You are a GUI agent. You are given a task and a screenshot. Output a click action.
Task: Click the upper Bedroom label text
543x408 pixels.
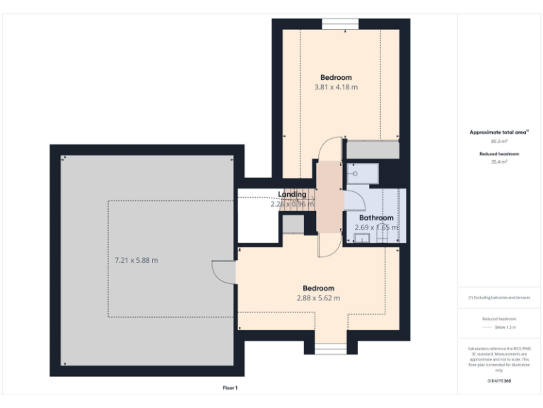[x=336, y=77]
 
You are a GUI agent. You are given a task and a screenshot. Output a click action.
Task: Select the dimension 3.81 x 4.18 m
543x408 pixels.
[x=336, y=87]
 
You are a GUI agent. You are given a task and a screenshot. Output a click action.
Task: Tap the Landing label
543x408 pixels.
[x=292, y=194]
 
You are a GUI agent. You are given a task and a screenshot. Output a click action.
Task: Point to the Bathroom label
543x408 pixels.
[x=375, y=217]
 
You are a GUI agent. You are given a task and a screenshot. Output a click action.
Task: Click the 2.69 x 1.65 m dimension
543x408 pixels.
[x=376, y=227]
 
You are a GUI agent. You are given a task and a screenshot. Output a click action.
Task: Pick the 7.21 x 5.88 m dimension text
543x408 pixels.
[x=136, y=260]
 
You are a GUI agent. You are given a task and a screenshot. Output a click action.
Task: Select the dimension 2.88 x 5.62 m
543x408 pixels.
[x=318, y=298]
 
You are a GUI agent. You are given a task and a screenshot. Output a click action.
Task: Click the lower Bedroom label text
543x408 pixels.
[x=318, y=288]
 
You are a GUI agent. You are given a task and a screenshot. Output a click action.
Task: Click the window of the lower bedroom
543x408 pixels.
[x=330, y=348]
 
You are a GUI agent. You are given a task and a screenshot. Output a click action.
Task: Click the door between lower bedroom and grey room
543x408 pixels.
[x=223, y=271]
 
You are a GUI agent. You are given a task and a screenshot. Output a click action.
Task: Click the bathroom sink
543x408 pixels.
[x=361, y=239]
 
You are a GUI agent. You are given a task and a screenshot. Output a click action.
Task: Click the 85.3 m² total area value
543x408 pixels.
[x=499, y=141]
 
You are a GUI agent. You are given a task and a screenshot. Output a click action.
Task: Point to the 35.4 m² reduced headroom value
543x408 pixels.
[x=499, y=162]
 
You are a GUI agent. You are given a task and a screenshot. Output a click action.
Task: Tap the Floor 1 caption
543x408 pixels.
[x=230, y=388]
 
